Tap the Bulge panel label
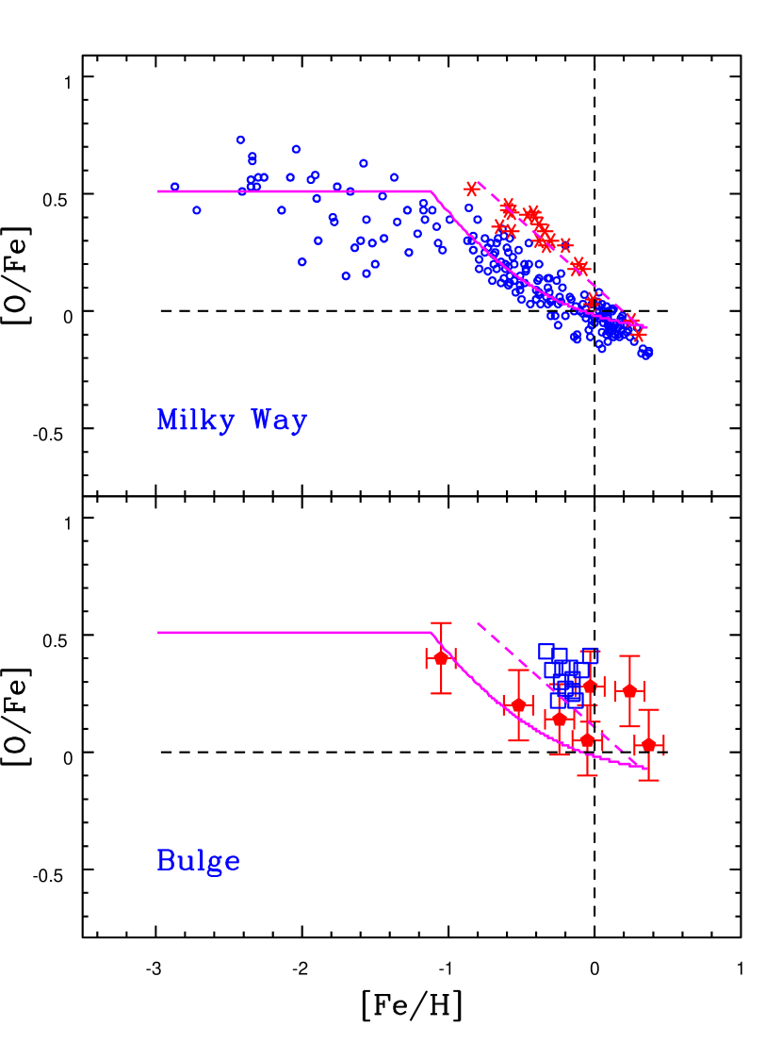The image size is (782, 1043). [198, 861]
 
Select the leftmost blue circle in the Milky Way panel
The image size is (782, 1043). [175, 187]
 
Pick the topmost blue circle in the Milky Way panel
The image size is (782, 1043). [241, 140]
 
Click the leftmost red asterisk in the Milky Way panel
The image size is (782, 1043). [471, 189]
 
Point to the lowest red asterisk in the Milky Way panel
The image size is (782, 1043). [639, 335]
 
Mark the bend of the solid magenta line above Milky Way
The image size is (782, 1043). [432, 191]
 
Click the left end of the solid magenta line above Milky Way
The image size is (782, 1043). [158, 191]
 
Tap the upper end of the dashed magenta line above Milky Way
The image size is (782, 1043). [479, 182]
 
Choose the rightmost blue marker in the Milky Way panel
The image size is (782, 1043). [647, 353]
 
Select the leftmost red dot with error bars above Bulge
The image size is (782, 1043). [441, 658]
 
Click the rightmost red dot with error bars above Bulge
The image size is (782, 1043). [648, 745]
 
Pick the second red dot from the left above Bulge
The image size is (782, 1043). [518, 704]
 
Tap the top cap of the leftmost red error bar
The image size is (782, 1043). [441, 623]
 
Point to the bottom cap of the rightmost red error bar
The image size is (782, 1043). [648, 780]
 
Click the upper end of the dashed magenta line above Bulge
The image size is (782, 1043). [478, 623]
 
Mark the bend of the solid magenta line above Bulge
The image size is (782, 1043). [432, 633]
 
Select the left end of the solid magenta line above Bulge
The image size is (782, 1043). [158, 633]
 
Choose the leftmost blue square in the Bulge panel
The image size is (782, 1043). [546, 651]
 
